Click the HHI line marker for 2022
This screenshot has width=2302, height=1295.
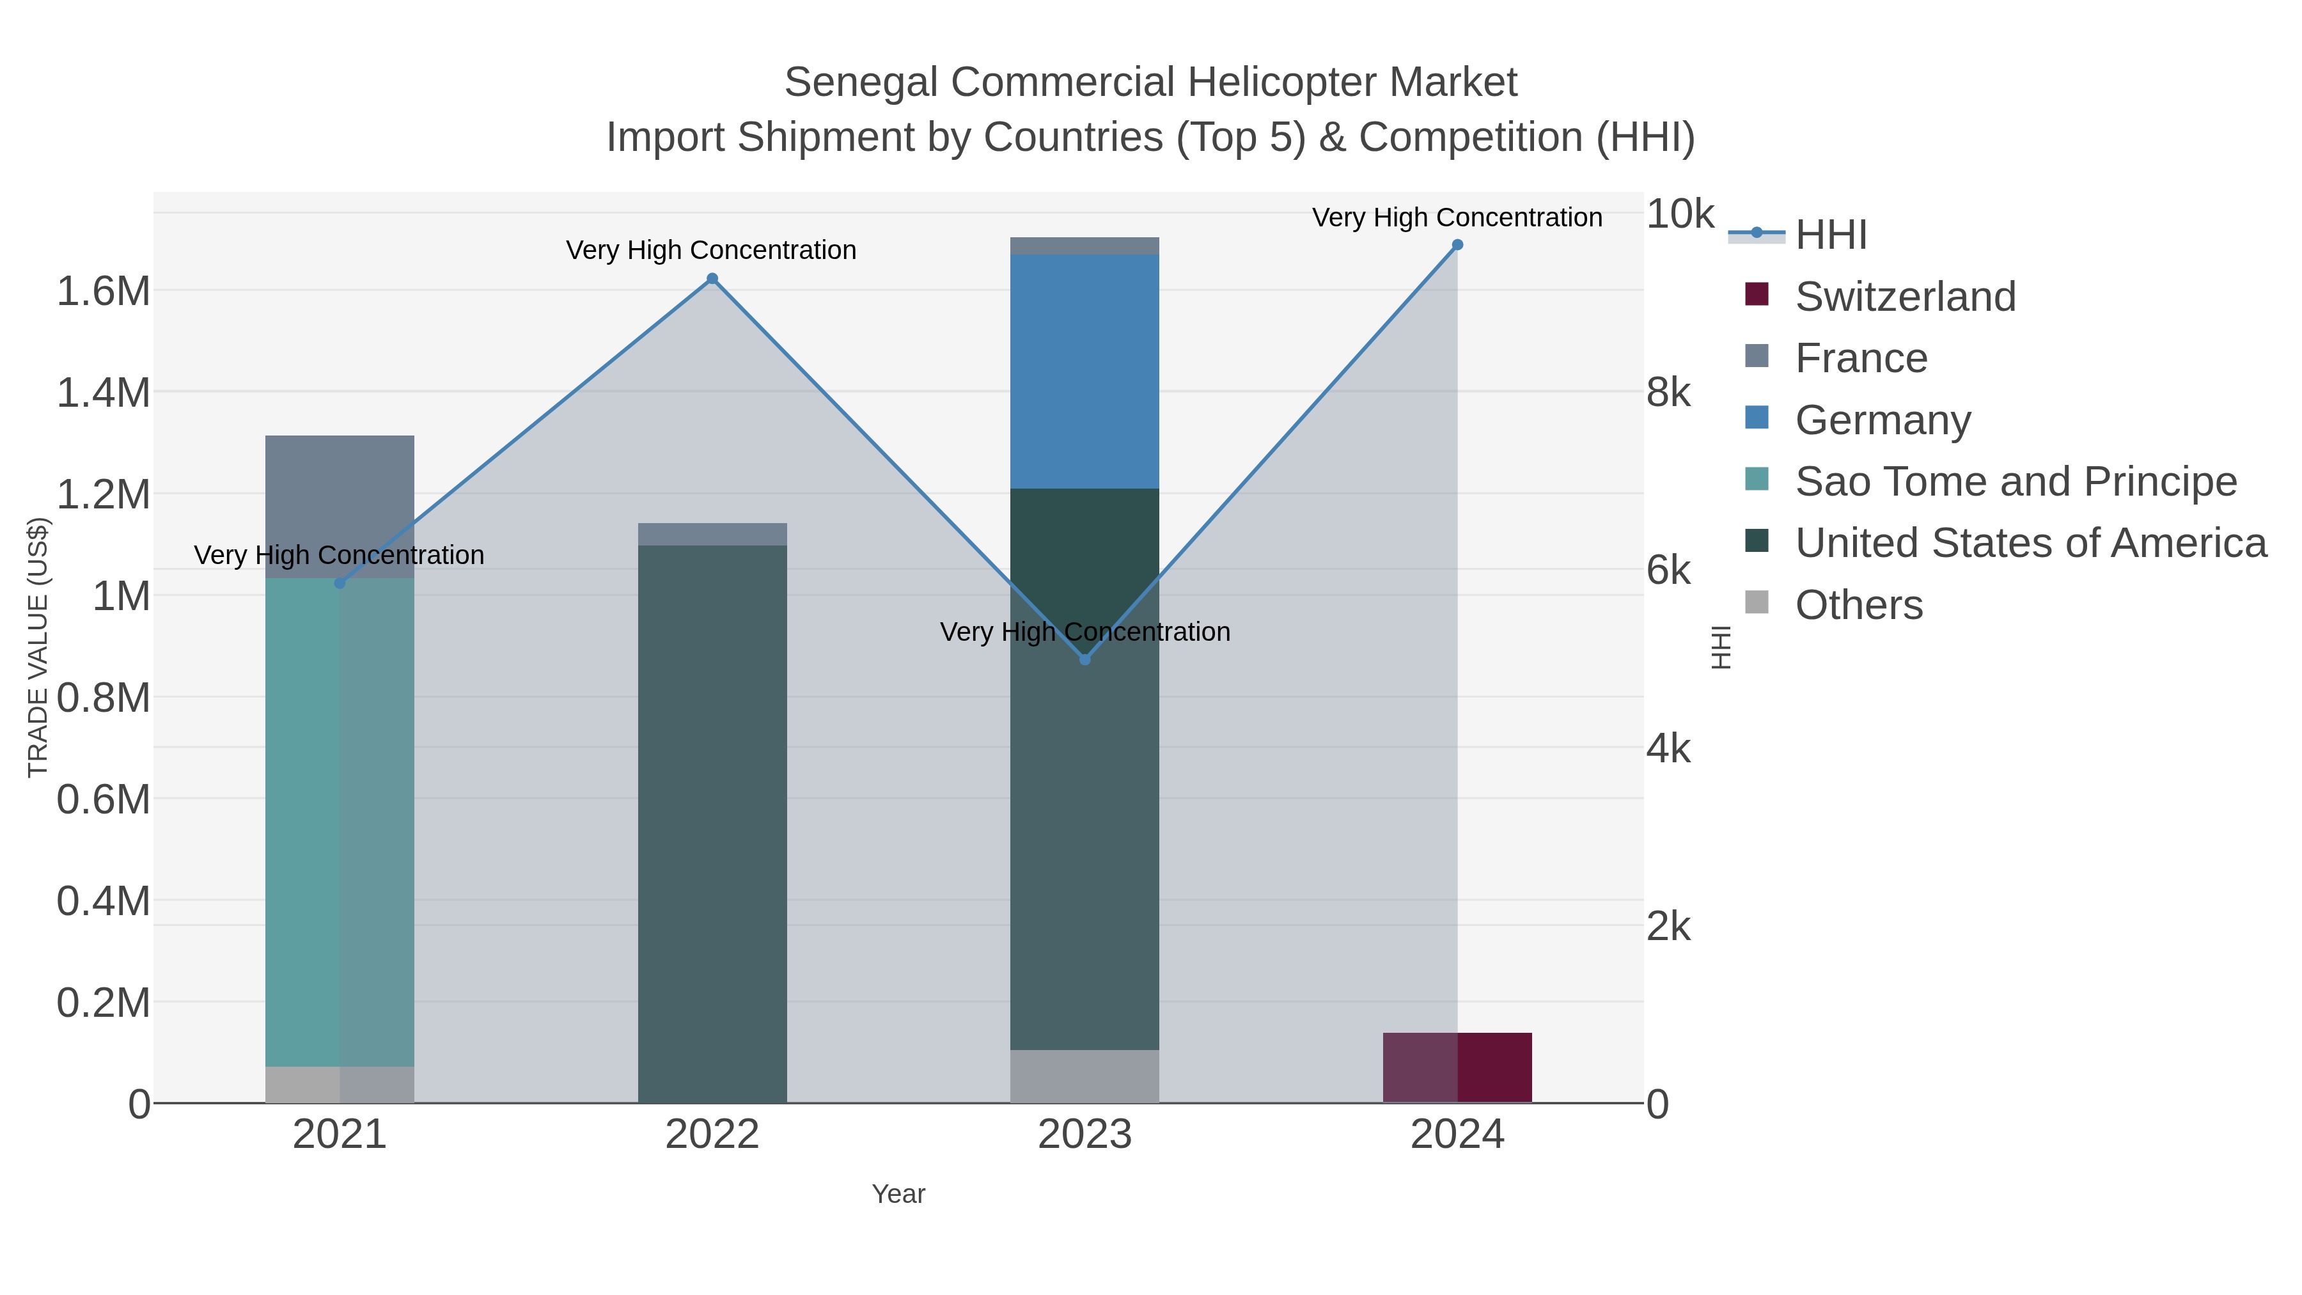tap(712, 279)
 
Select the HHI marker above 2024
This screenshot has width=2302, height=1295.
tap(1457, 245)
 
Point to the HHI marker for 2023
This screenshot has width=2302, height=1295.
tap(1085, 659)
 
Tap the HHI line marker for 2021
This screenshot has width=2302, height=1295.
tap(340, 583)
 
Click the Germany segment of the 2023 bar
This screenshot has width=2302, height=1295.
tap(1085, 371)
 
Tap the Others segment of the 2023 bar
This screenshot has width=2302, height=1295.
tap(1085, 1076)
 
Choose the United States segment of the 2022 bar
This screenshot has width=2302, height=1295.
tap(712, 822)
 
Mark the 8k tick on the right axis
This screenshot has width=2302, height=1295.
tap(1668, 393)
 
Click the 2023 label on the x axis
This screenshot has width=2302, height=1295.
tap(1085, 1135)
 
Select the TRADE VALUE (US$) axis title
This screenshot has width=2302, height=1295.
tap(38, 647)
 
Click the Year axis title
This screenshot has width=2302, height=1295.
tap(898, 1194)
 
